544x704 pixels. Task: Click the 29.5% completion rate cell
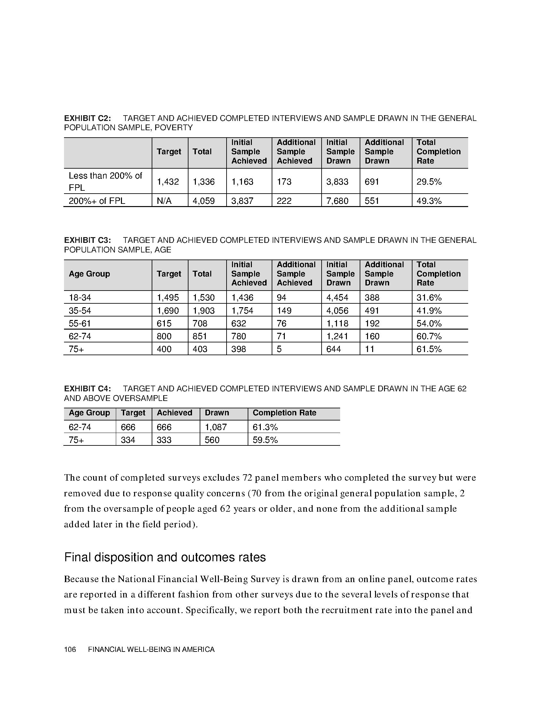point(428,182)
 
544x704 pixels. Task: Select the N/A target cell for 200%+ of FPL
point(164,201)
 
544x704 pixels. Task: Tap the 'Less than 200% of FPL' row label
point(105,181)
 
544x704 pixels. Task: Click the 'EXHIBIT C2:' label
point(87,118)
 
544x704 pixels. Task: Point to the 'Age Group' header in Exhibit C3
point(89,274)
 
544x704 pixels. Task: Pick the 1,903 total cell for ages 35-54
point(203,310)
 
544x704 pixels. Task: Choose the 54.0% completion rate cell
point(428,323)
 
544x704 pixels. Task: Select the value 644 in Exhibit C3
point(333,349)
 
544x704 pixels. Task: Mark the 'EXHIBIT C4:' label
point(87,389)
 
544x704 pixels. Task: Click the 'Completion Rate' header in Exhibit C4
point(284,413)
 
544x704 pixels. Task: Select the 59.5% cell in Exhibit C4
point(265,440)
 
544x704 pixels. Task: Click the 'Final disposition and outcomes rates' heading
point(165,557)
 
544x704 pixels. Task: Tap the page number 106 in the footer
point(70,650)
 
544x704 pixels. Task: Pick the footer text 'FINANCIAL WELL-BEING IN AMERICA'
point(151,650)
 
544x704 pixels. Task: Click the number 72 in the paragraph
point(247,478)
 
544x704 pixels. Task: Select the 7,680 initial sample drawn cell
point(337,201)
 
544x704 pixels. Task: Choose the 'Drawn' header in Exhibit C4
point(217,413)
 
